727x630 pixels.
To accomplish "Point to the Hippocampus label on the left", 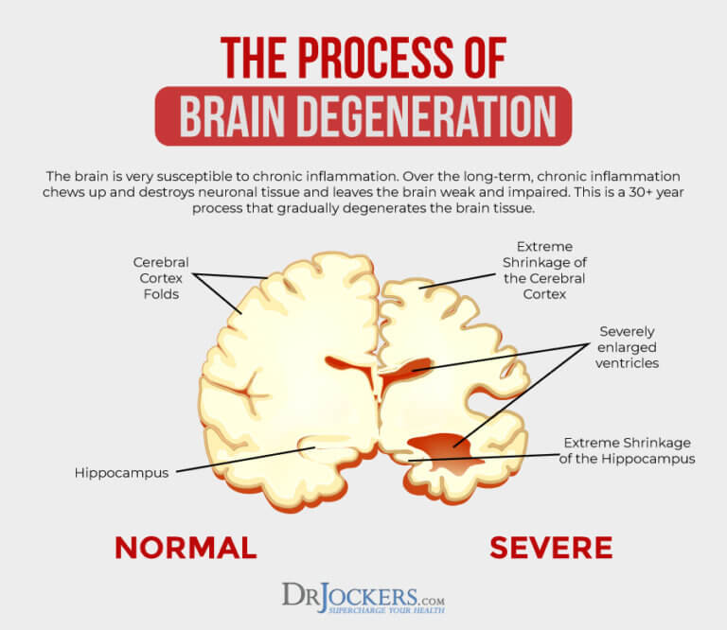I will point(121,472).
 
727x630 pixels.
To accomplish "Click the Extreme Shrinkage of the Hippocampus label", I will point(629,450).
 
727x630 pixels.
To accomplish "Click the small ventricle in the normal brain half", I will point(346,364).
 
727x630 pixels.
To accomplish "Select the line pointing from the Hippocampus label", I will point(246,459).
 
